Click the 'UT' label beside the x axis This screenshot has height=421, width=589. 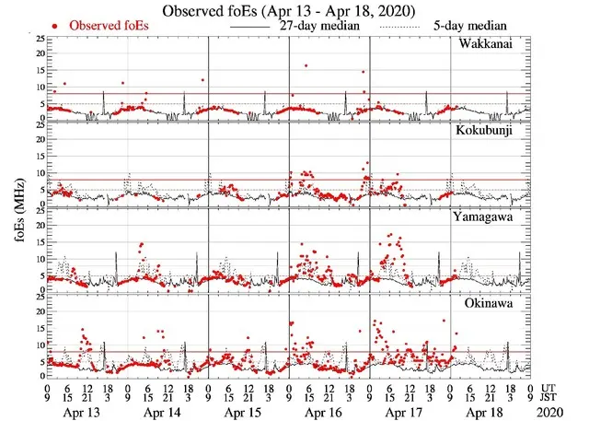549,388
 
